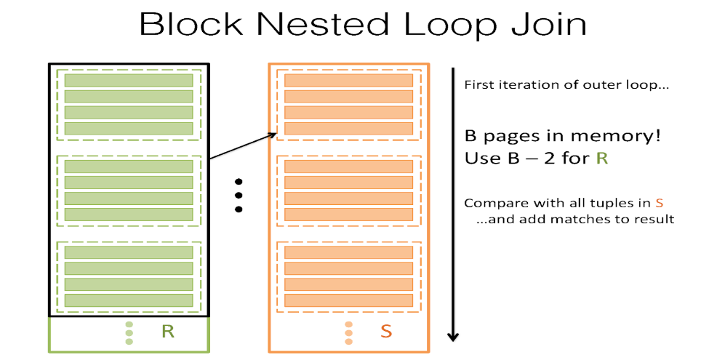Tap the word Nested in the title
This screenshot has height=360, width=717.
323,24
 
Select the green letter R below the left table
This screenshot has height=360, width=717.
168,332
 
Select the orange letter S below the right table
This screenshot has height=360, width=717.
386,332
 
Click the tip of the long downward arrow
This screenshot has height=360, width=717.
453,338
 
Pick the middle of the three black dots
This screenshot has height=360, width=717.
237,195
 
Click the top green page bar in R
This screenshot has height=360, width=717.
128,81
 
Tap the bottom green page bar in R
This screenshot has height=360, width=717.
128,300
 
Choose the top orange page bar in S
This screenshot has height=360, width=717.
348,81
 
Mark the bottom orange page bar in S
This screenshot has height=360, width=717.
348,300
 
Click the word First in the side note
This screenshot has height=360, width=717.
478,85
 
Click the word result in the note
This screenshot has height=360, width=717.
655,219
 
